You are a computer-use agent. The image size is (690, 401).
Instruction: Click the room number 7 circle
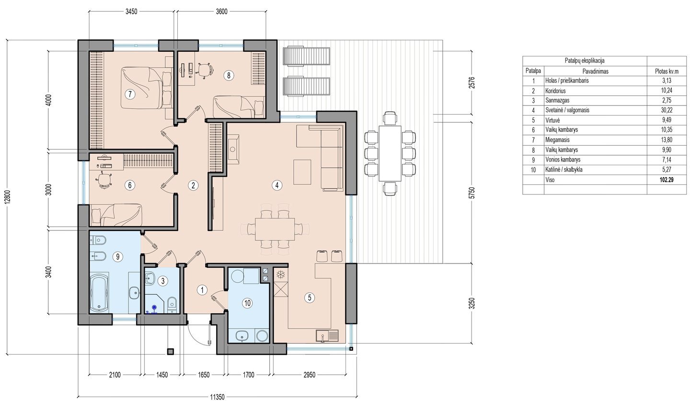coord(130,93)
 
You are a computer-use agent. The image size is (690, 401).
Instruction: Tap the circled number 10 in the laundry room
coord(247,303)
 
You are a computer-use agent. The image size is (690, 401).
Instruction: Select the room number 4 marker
coord(277,185)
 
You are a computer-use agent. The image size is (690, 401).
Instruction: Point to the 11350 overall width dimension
coord(217,397)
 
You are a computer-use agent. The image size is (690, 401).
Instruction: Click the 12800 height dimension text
coord(9,196)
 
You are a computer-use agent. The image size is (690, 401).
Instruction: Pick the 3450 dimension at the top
coord(131,11)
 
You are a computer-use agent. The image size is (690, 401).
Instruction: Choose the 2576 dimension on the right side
coord(472,82)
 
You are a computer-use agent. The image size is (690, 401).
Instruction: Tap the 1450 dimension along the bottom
coord(162,375)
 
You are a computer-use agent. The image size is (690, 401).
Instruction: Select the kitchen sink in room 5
coord(327,335)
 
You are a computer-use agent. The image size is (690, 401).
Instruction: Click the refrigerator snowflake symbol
coord(281,275)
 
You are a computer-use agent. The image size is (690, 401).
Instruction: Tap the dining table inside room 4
coord(275,229)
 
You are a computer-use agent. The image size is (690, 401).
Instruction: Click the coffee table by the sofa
coord(302,172)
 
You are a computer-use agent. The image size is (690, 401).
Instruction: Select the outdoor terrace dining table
coord(390,153)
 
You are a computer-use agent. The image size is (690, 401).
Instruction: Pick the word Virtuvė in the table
coord(552,120)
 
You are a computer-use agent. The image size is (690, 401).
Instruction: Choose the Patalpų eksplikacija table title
coord(585,61)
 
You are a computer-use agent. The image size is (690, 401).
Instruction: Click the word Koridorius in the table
coord(555,91)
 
